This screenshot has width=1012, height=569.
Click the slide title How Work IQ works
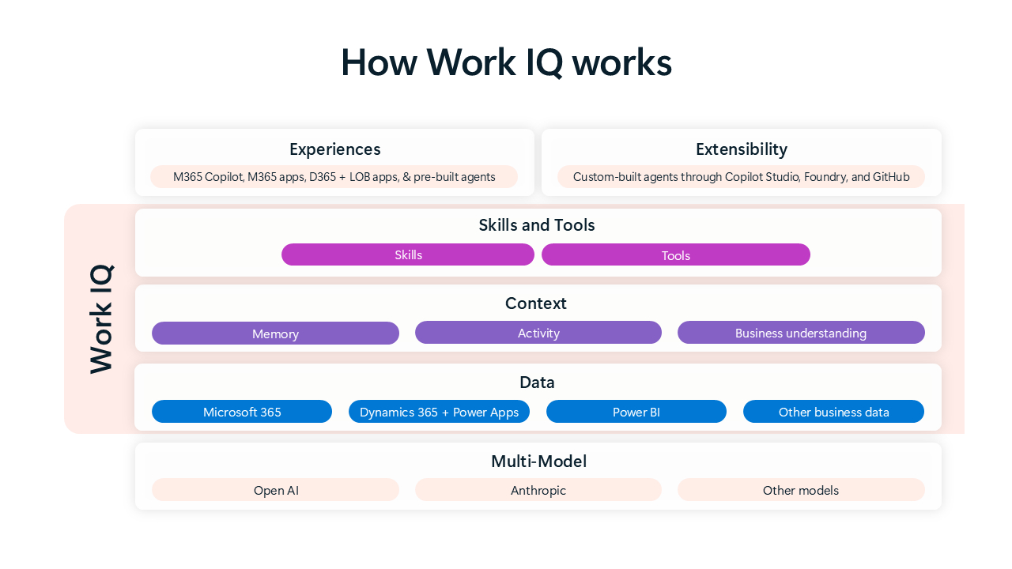coord(506,62)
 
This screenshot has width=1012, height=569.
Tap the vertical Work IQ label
coord(101,318)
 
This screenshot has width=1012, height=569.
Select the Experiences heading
coord(334,149)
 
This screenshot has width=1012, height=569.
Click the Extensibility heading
coord(741,149)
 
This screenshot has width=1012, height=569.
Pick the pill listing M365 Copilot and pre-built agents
coord(334,177)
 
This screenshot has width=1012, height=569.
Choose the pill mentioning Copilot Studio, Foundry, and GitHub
coord(741,177)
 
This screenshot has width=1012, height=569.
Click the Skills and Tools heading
coord(536,225)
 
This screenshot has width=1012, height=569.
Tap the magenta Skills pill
coord(408,254)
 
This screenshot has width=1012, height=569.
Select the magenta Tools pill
coord(675,254)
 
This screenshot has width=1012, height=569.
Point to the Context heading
coord(535,303)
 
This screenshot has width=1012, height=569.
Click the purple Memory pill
coord(275,333)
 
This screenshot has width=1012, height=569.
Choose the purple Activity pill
coord(538,333)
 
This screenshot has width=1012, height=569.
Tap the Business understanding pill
coord(800,333)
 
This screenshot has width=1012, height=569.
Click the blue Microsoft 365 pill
coord(242,412)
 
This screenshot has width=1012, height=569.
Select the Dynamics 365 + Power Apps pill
coord(439,412)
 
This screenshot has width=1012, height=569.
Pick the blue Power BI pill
coord(636,412)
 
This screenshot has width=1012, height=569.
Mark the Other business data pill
coord(833,412)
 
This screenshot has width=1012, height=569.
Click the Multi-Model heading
coord(538,462)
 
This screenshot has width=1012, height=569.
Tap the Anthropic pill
coord(538,490)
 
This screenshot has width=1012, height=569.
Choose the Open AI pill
coord(275,490)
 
